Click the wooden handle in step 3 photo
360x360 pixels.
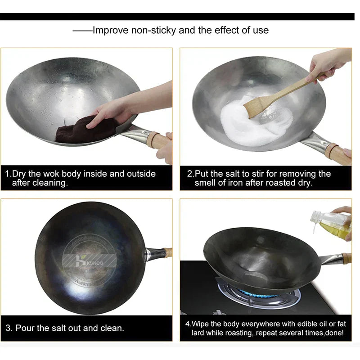tap(168, 252)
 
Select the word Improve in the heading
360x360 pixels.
tap(111, 31)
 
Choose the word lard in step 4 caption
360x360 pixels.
tap(199, 333)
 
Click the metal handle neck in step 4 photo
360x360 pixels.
tap(330, 260)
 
